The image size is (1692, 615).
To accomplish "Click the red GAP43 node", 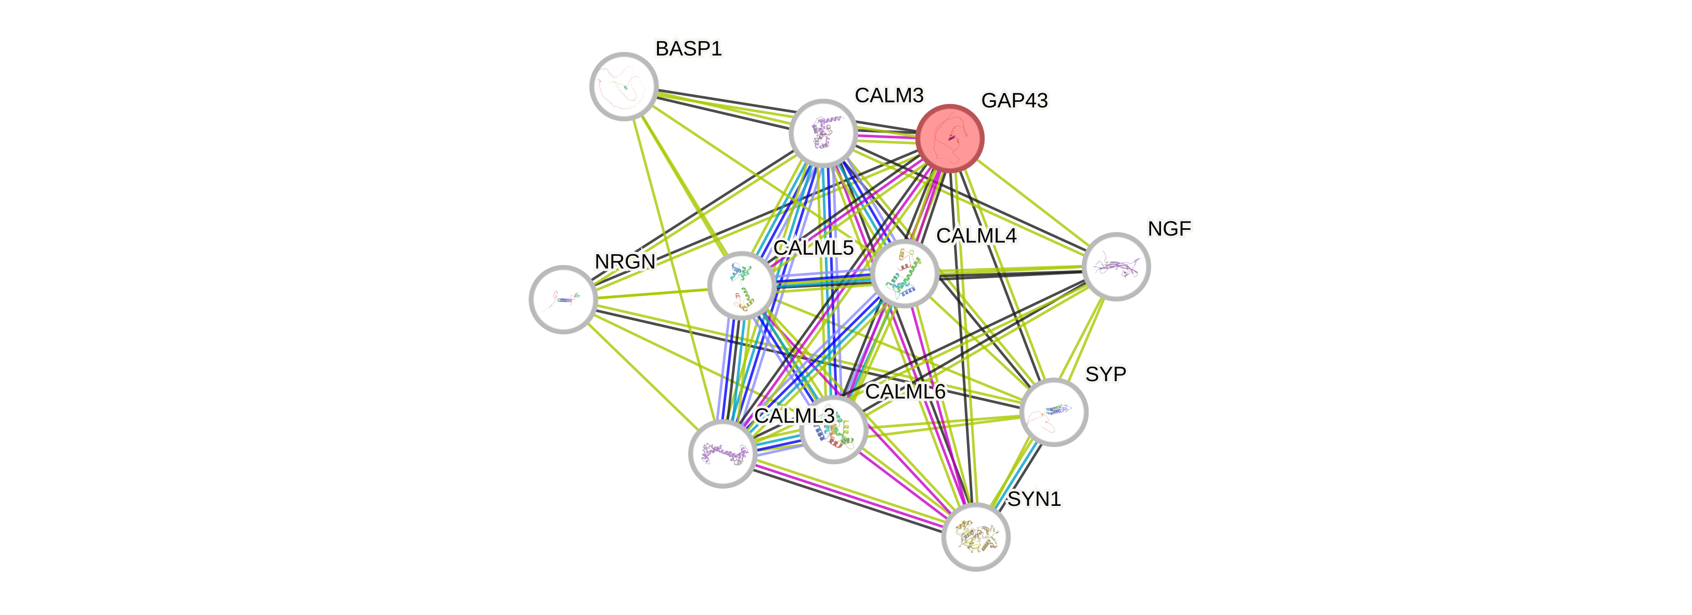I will [950, 138].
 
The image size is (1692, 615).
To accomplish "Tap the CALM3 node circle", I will [823, 133].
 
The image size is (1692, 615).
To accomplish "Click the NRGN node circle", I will [563, 299].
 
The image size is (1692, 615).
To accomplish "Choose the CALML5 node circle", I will [742, 285].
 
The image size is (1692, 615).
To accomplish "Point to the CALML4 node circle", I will [905, 273].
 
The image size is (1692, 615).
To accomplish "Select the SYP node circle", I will [1054, 412].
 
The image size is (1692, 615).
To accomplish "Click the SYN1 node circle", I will [975, 537].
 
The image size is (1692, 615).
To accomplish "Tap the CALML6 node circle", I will [834, 430].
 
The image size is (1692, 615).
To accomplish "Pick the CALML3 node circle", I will [722, 453].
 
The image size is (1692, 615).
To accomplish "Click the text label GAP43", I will [1014, 100].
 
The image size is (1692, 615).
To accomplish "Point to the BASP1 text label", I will [688, 48].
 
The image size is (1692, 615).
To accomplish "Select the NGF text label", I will [1169, 228].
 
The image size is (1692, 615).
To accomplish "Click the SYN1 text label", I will [1034, 500].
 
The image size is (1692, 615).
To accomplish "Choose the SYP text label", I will [1105, 374].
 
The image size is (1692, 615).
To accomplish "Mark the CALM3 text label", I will [889, 95].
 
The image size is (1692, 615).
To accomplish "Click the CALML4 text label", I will [976, 235].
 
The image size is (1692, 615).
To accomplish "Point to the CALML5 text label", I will [813, 248].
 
